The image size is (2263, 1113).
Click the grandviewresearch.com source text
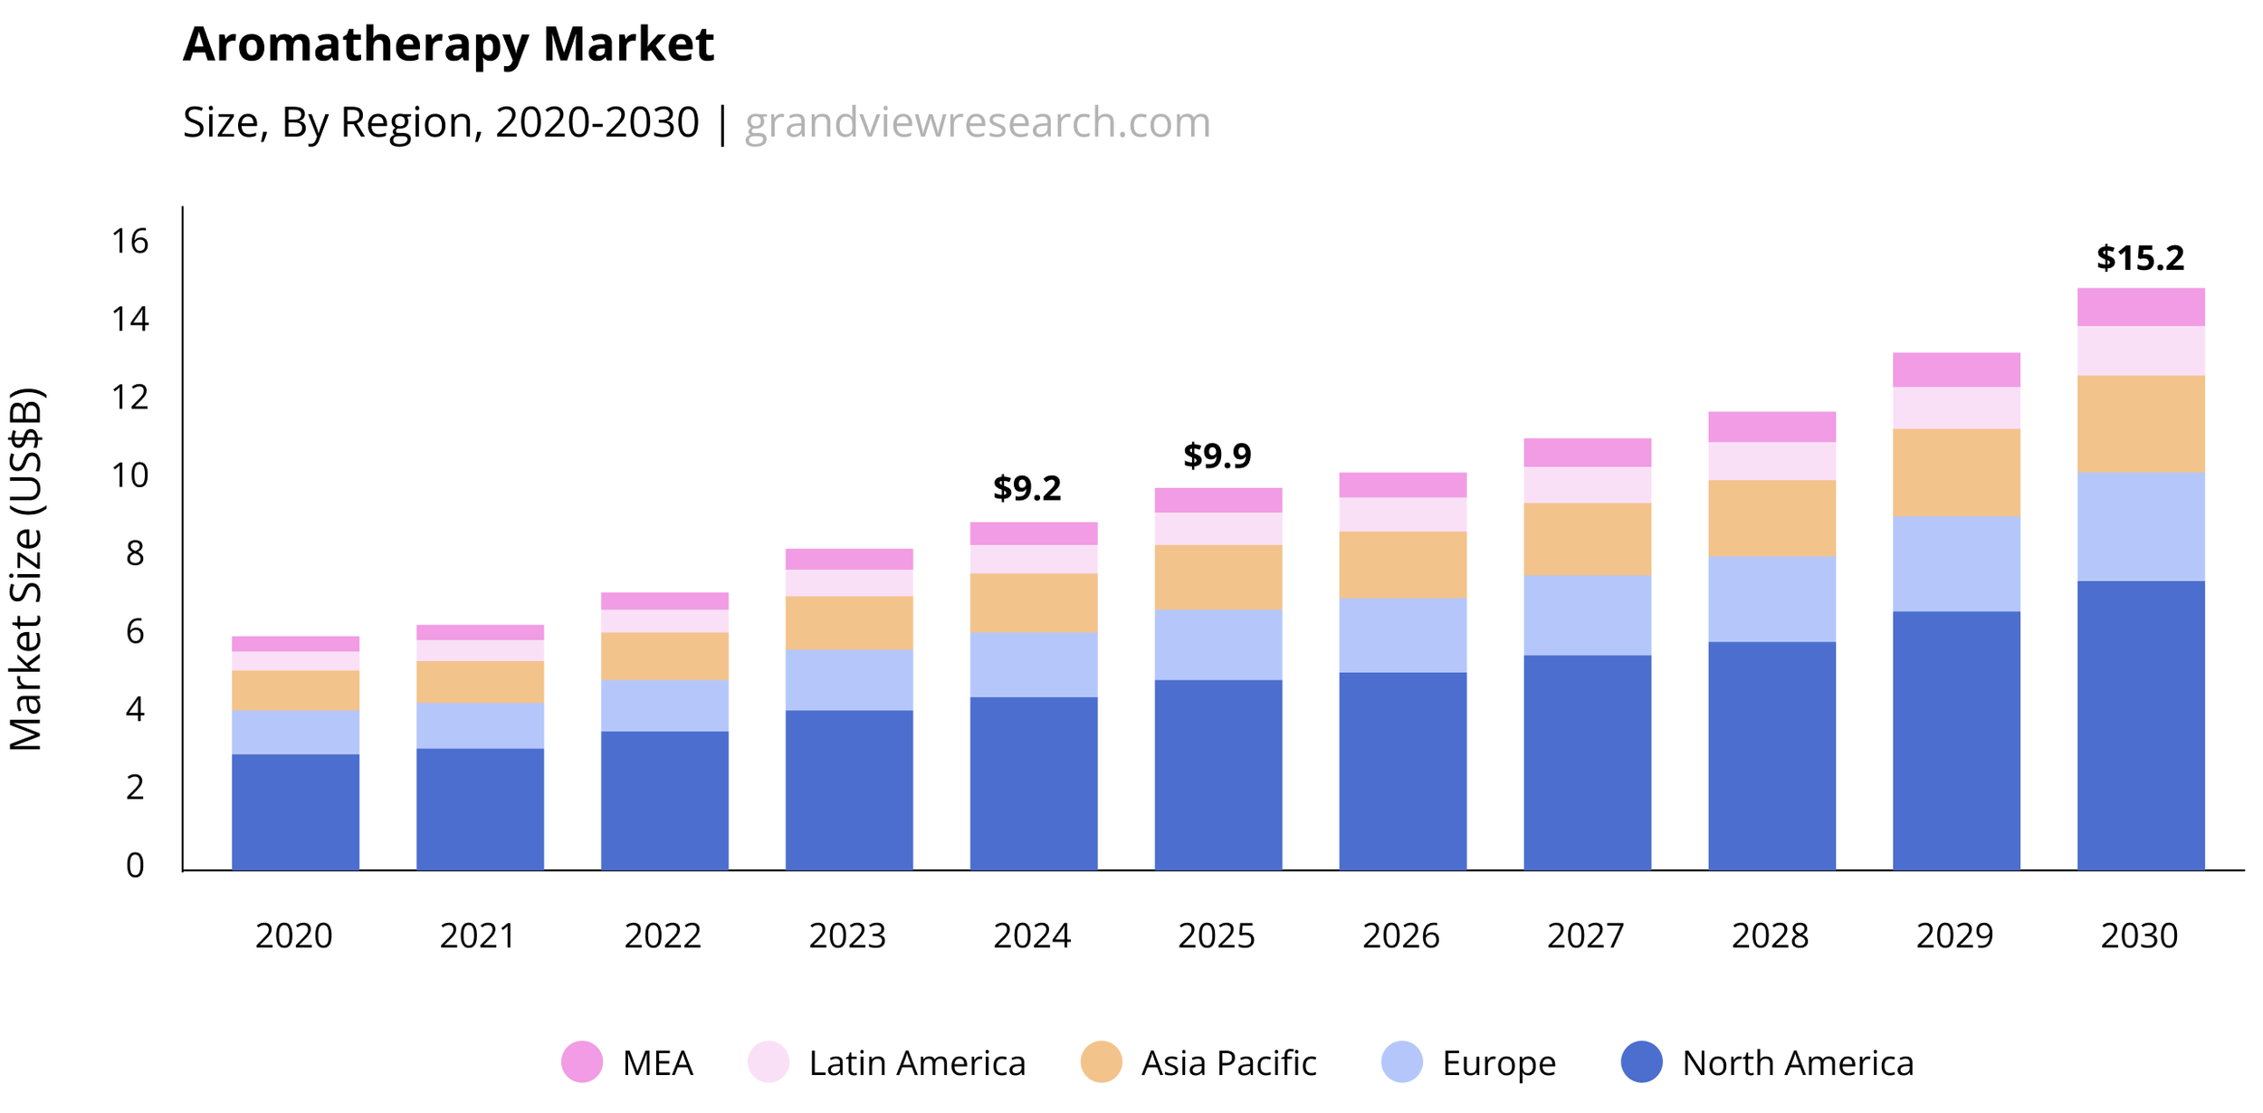(977, 122)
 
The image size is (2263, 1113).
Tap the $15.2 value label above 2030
(2140, 258)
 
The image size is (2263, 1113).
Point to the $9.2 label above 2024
(1026, 488)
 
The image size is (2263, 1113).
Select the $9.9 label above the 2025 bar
(1217, 456)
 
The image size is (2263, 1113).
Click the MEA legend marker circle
(582, 1062)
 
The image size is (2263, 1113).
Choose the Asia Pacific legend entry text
(1228, 1063)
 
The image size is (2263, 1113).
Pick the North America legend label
(1798, 1063)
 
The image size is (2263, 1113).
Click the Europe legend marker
(1402, 1062)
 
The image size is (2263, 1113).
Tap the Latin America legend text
(917, 1063)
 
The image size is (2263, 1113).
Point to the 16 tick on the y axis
(129, 241)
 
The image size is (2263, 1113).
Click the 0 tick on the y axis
(135, 866)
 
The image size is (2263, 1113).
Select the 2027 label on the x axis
(1586, 935)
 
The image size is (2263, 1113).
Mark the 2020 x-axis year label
(294, 935)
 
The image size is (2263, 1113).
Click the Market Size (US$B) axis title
(25, 569)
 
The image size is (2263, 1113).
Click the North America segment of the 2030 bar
(2141, 725)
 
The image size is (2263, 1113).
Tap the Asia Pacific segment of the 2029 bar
(1956, 472)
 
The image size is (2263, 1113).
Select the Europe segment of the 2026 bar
(1403, 635)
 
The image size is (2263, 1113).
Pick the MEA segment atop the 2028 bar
(1771, 427)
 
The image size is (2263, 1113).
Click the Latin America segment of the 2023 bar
(849, 582)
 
